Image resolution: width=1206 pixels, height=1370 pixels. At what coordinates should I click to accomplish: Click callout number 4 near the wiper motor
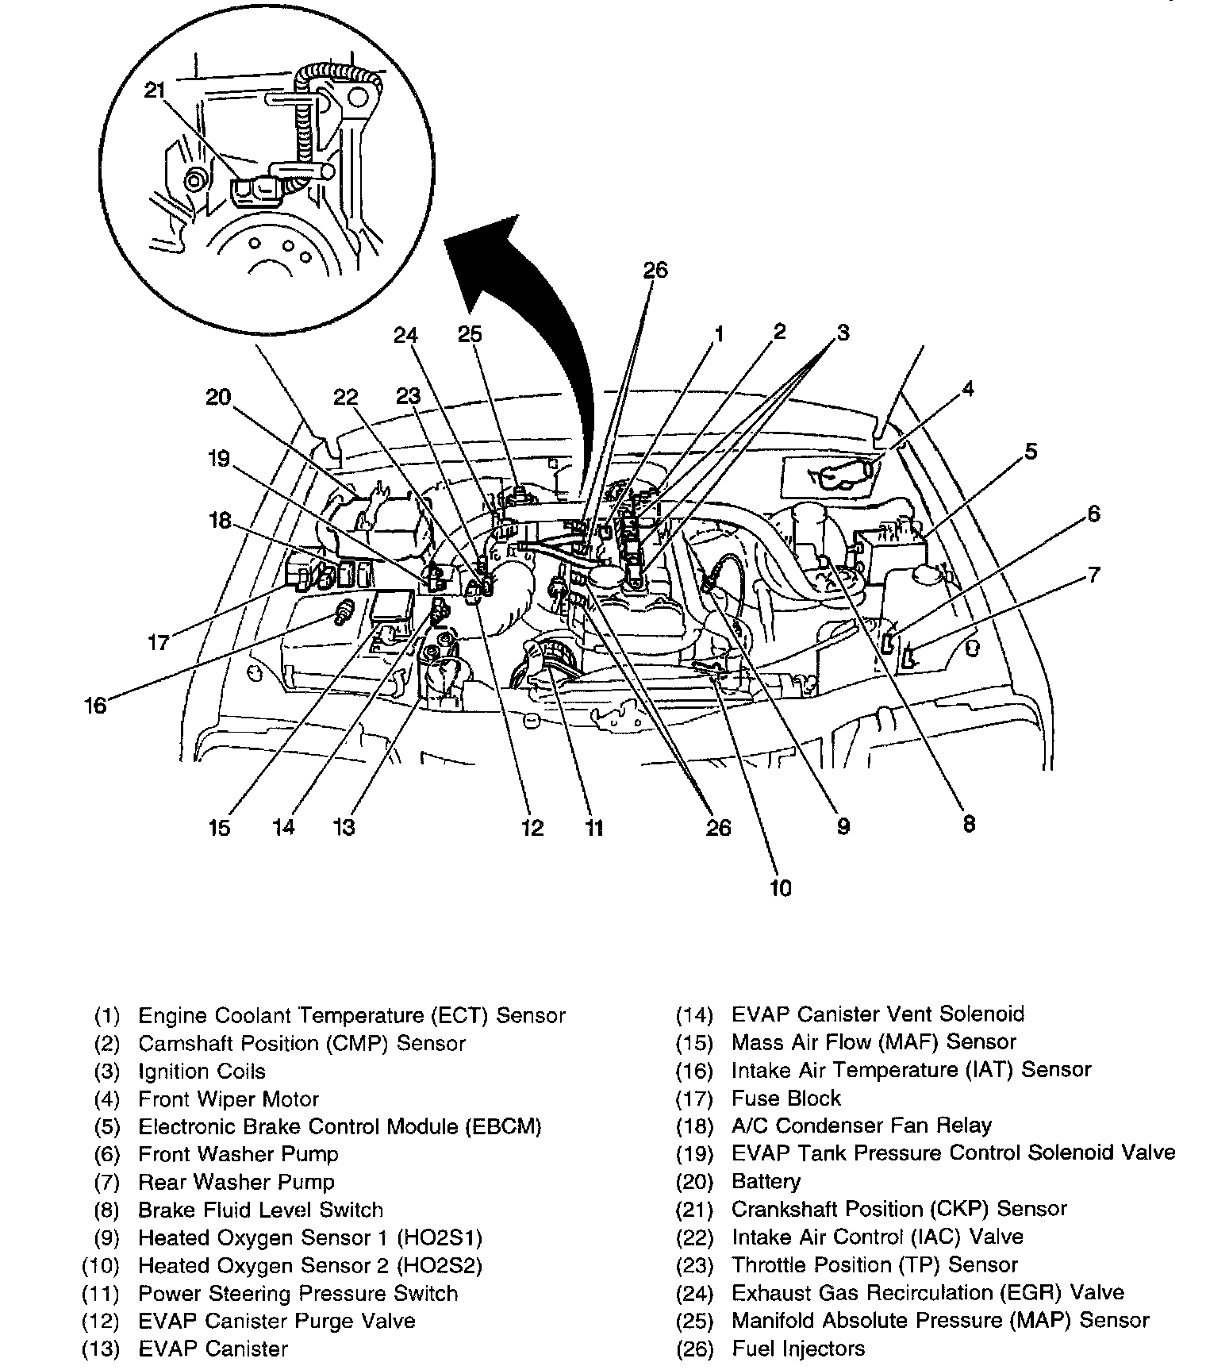tap(967, 389)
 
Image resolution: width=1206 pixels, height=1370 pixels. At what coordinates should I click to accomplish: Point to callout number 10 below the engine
tap(780, 887)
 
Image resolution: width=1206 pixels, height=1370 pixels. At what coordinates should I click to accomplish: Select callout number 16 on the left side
tap(95, 705)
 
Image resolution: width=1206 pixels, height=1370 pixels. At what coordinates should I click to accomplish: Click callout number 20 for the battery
tap(217, 396)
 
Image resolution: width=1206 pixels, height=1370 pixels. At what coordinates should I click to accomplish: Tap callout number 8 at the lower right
tap(968, 824)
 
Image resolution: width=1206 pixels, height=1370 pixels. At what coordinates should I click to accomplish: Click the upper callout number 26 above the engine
tap(655, 271)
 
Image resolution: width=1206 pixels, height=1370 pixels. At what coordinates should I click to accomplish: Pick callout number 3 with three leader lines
tap(842, 333)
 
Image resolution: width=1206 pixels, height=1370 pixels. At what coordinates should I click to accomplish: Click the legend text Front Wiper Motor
tap(229, 1099)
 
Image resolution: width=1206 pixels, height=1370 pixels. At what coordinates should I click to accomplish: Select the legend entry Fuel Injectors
tap(798, 1349)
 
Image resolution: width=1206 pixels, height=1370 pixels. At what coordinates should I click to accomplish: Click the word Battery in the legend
tap(766, 1182)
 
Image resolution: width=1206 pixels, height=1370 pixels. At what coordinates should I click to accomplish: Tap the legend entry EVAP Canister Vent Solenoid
tap(878, 1014)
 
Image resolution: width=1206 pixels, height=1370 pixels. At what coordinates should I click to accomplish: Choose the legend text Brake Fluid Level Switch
tap(260, 1210)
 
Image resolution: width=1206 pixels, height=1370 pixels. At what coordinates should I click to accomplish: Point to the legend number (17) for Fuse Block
tap(695, 1099)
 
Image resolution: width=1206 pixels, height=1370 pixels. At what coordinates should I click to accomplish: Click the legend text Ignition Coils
tap(202, 1072)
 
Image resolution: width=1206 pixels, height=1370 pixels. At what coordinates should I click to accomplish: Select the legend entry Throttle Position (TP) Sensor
tap(874, 1265)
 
